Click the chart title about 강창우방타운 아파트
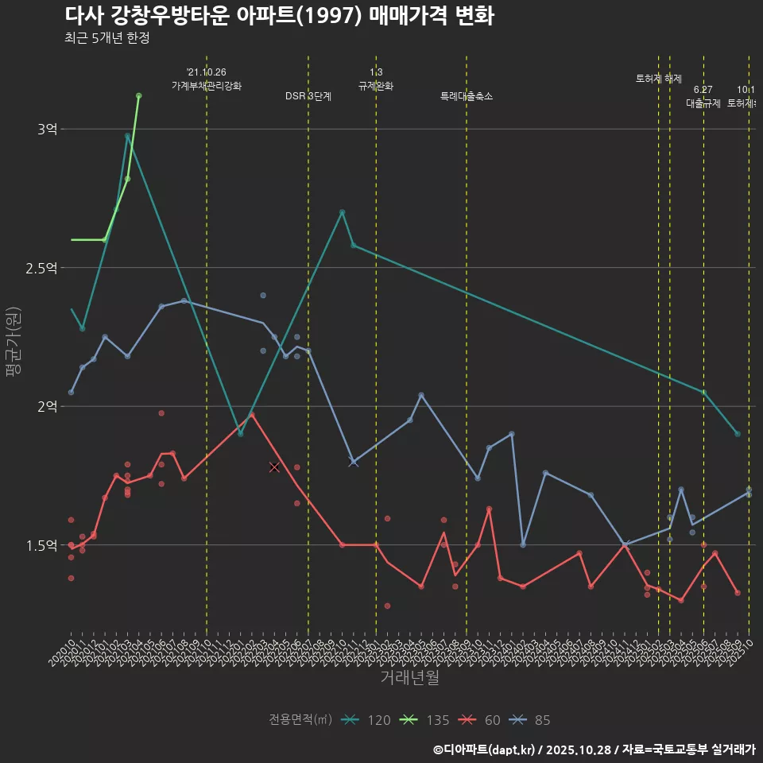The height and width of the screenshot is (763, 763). [279, 15]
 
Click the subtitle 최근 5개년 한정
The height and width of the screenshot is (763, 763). [107, 38]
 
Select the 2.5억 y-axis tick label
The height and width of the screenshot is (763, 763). [41, 268]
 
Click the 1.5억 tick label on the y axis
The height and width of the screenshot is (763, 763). [41, 545]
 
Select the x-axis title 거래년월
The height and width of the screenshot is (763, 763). [409, 678]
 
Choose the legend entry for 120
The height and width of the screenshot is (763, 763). [366, 720]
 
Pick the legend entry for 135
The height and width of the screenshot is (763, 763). [425, 720]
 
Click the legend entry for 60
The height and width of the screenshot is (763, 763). [481, 720]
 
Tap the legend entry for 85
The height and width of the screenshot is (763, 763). [531, 720]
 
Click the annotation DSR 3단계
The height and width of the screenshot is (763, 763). [308, 96]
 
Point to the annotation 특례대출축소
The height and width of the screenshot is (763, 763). [467, 96]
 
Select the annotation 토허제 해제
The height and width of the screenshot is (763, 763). [659, 79]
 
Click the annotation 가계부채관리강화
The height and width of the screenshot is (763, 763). [207, 86]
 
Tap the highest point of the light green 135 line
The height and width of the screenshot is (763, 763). [138, 95]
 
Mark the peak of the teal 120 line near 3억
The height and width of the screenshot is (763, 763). [127, 135]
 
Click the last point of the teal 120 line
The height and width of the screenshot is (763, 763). [738, 434]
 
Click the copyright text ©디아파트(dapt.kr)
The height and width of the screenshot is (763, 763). [484, 749]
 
